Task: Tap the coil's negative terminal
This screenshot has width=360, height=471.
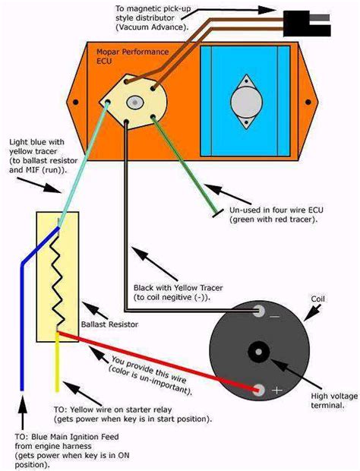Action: pyautogui.click(x=260, y=311)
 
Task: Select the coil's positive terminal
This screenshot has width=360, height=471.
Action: pyautogui.click(x=260, y=390)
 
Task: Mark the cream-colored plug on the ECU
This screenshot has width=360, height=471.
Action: pyautogui.click(x=134, y=101)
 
